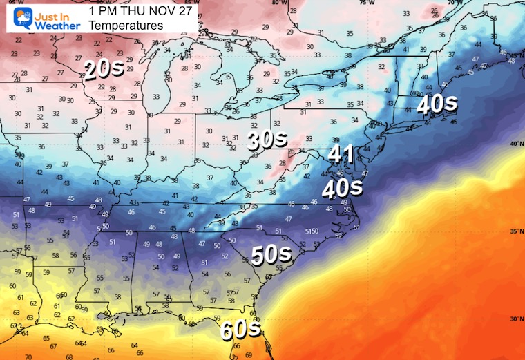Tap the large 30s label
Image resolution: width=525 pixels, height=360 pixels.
tap(267, 141)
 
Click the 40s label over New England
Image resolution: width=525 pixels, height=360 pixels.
tap(438, 104)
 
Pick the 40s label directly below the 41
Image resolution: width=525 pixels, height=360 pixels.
tap(341, 187)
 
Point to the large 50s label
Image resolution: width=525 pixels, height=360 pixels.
tap(271, 255)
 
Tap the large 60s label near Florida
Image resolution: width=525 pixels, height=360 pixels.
tap(240, 330)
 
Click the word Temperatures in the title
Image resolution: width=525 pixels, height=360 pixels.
tap(126, 26)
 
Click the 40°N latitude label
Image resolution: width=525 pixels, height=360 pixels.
tap(515, 144)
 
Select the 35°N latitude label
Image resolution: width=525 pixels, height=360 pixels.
tap(515, 231)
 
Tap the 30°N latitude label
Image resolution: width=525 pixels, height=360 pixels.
tap(515, 319)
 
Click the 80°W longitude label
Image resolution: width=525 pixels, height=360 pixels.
tap(278, 3)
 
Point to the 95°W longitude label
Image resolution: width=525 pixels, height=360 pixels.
tap(7, 3)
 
